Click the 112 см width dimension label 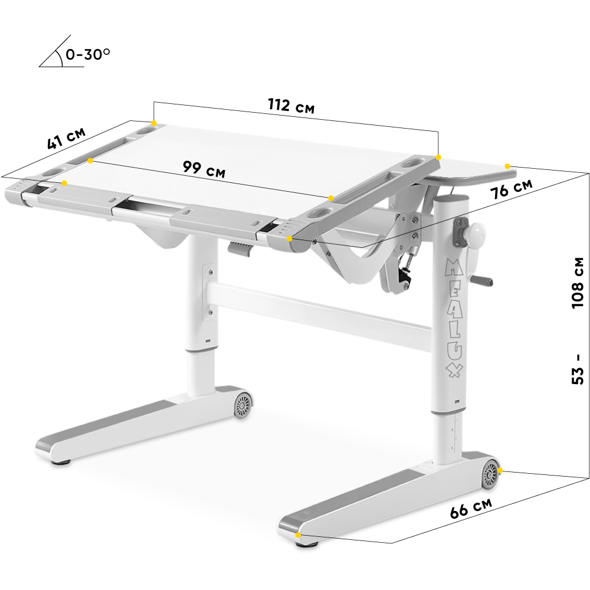[291, 106]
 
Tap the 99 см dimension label [204, 169]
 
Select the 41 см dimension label [66, 138]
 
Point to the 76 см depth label [512, 189]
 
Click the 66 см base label [471, 508]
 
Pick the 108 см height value [578, 283]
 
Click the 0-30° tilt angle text [88, 54]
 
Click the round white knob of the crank [476, 232]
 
